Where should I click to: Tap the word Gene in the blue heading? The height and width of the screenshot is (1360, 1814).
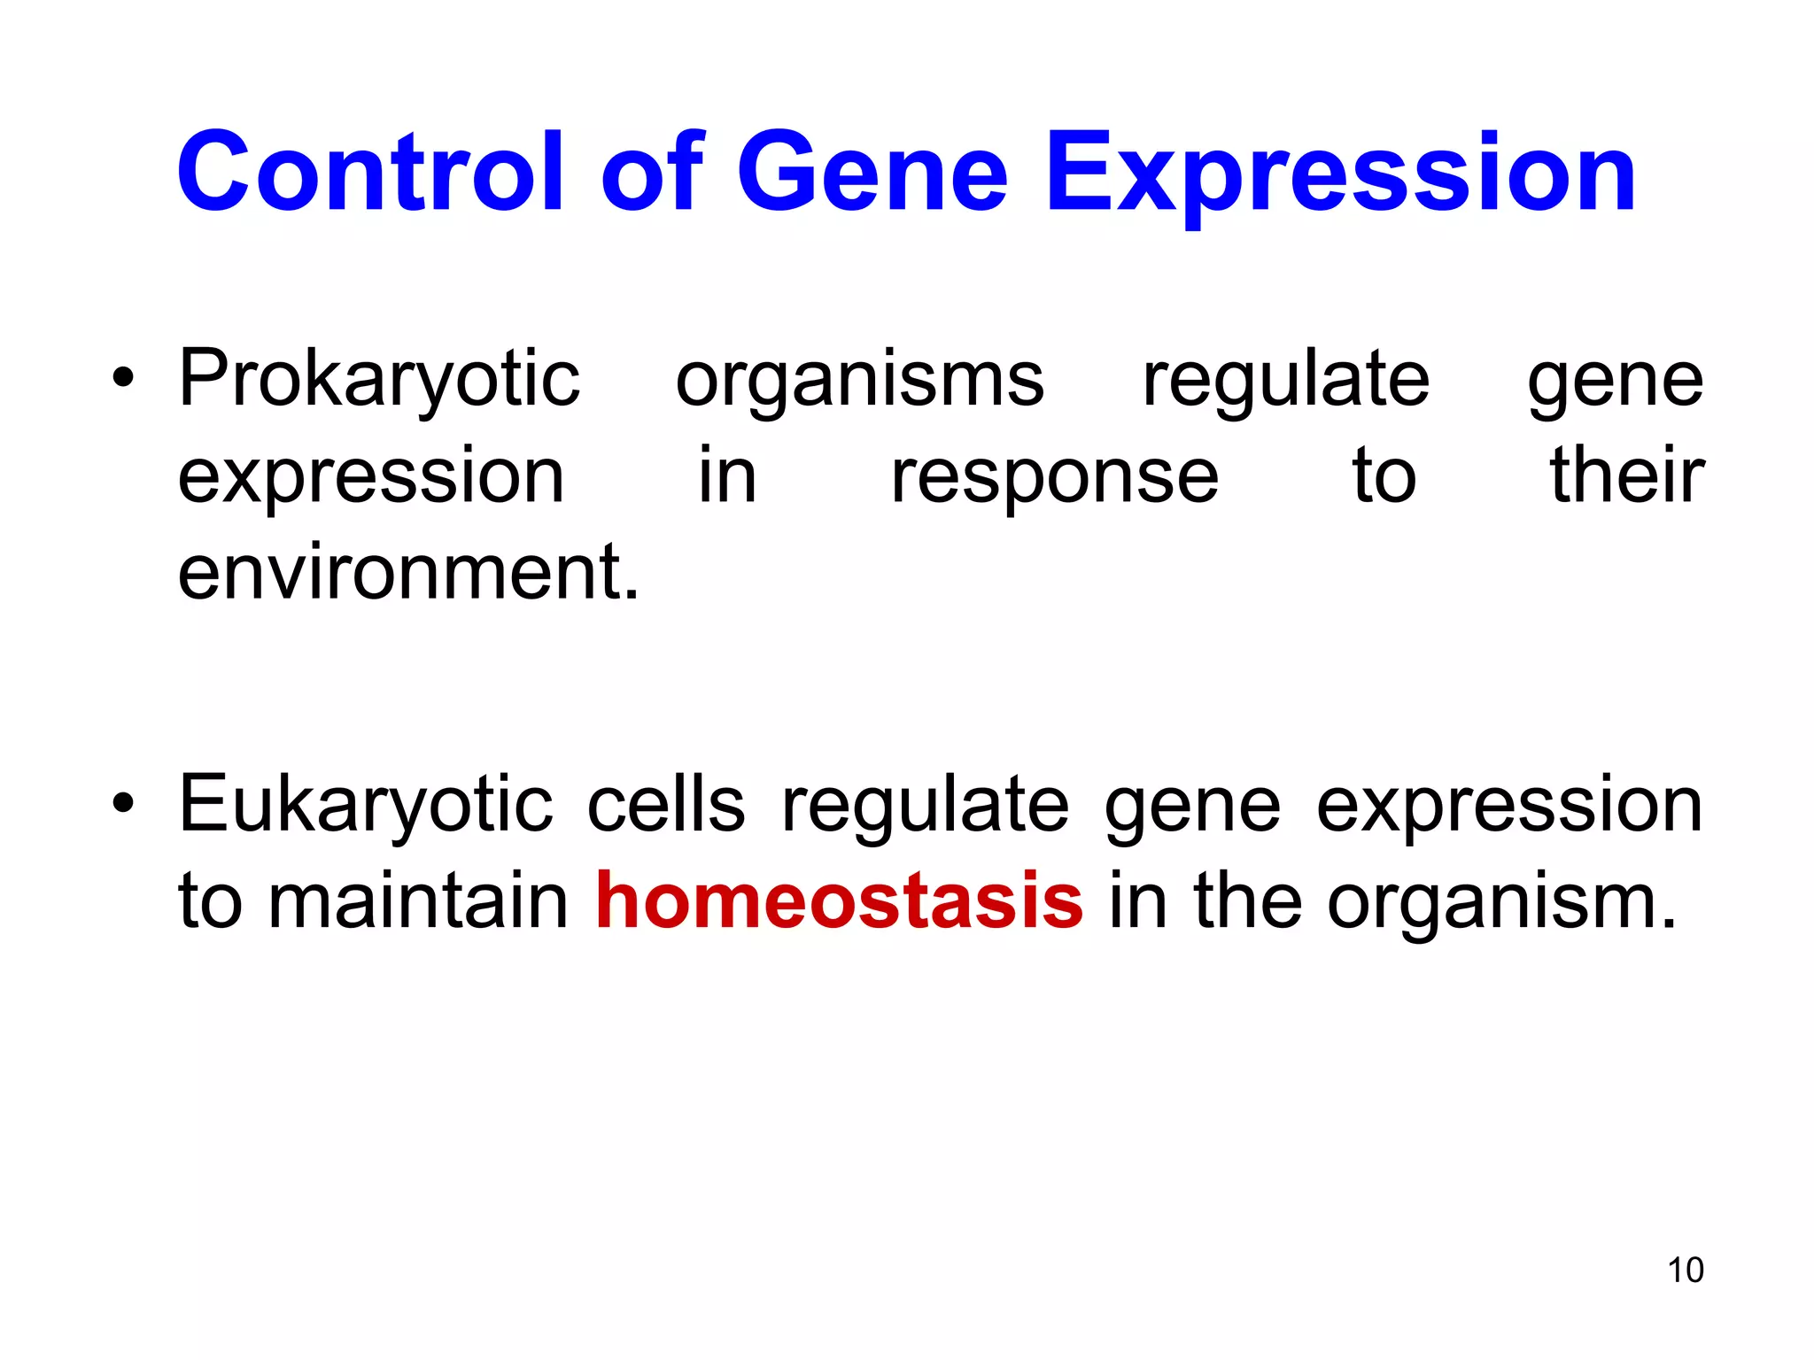coord(872,173)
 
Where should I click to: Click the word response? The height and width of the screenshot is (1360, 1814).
coord(1054,478)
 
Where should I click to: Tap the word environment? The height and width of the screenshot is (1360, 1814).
coord(407,574)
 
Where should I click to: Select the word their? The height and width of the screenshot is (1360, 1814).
coord(1626,476)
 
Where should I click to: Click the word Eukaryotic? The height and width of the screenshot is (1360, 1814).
coord(365,806)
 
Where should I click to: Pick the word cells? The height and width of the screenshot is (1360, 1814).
coord(666,806)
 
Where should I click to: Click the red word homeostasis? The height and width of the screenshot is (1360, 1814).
coord(839,901)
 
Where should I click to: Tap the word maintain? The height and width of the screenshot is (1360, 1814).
coord(418,901)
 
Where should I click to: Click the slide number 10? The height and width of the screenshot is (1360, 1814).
coord(1685,1270)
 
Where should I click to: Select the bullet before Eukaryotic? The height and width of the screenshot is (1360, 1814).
coord(123,805)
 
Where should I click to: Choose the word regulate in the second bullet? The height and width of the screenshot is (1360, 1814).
coord(925,806)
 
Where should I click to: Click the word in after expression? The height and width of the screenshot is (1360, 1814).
coord(726,476)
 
